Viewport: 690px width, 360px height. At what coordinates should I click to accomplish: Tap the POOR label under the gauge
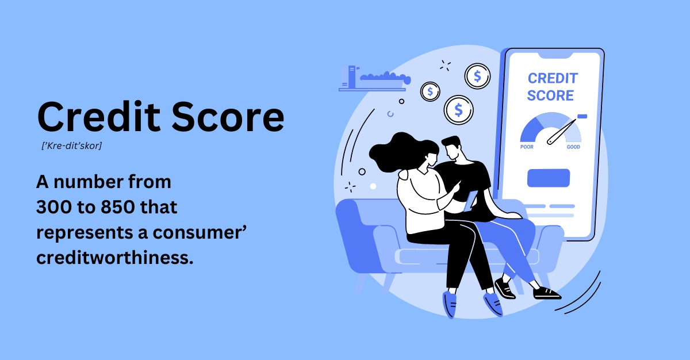click(x=527, y=147)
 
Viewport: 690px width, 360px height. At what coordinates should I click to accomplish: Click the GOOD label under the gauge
click(x=573, y=147)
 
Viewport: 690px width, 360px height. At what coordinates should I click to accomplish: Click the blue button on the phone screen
click(x=548, y=178)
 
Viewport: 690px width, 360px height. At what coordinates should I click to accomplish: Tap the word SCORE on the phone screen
click(x=550, y=95)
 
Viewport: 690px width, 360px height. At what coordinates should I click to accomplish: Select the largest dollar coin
click(x=458, y=109)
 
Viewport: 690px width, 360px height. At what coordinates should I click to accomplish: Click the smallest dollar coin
click(x=430, y=91)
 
